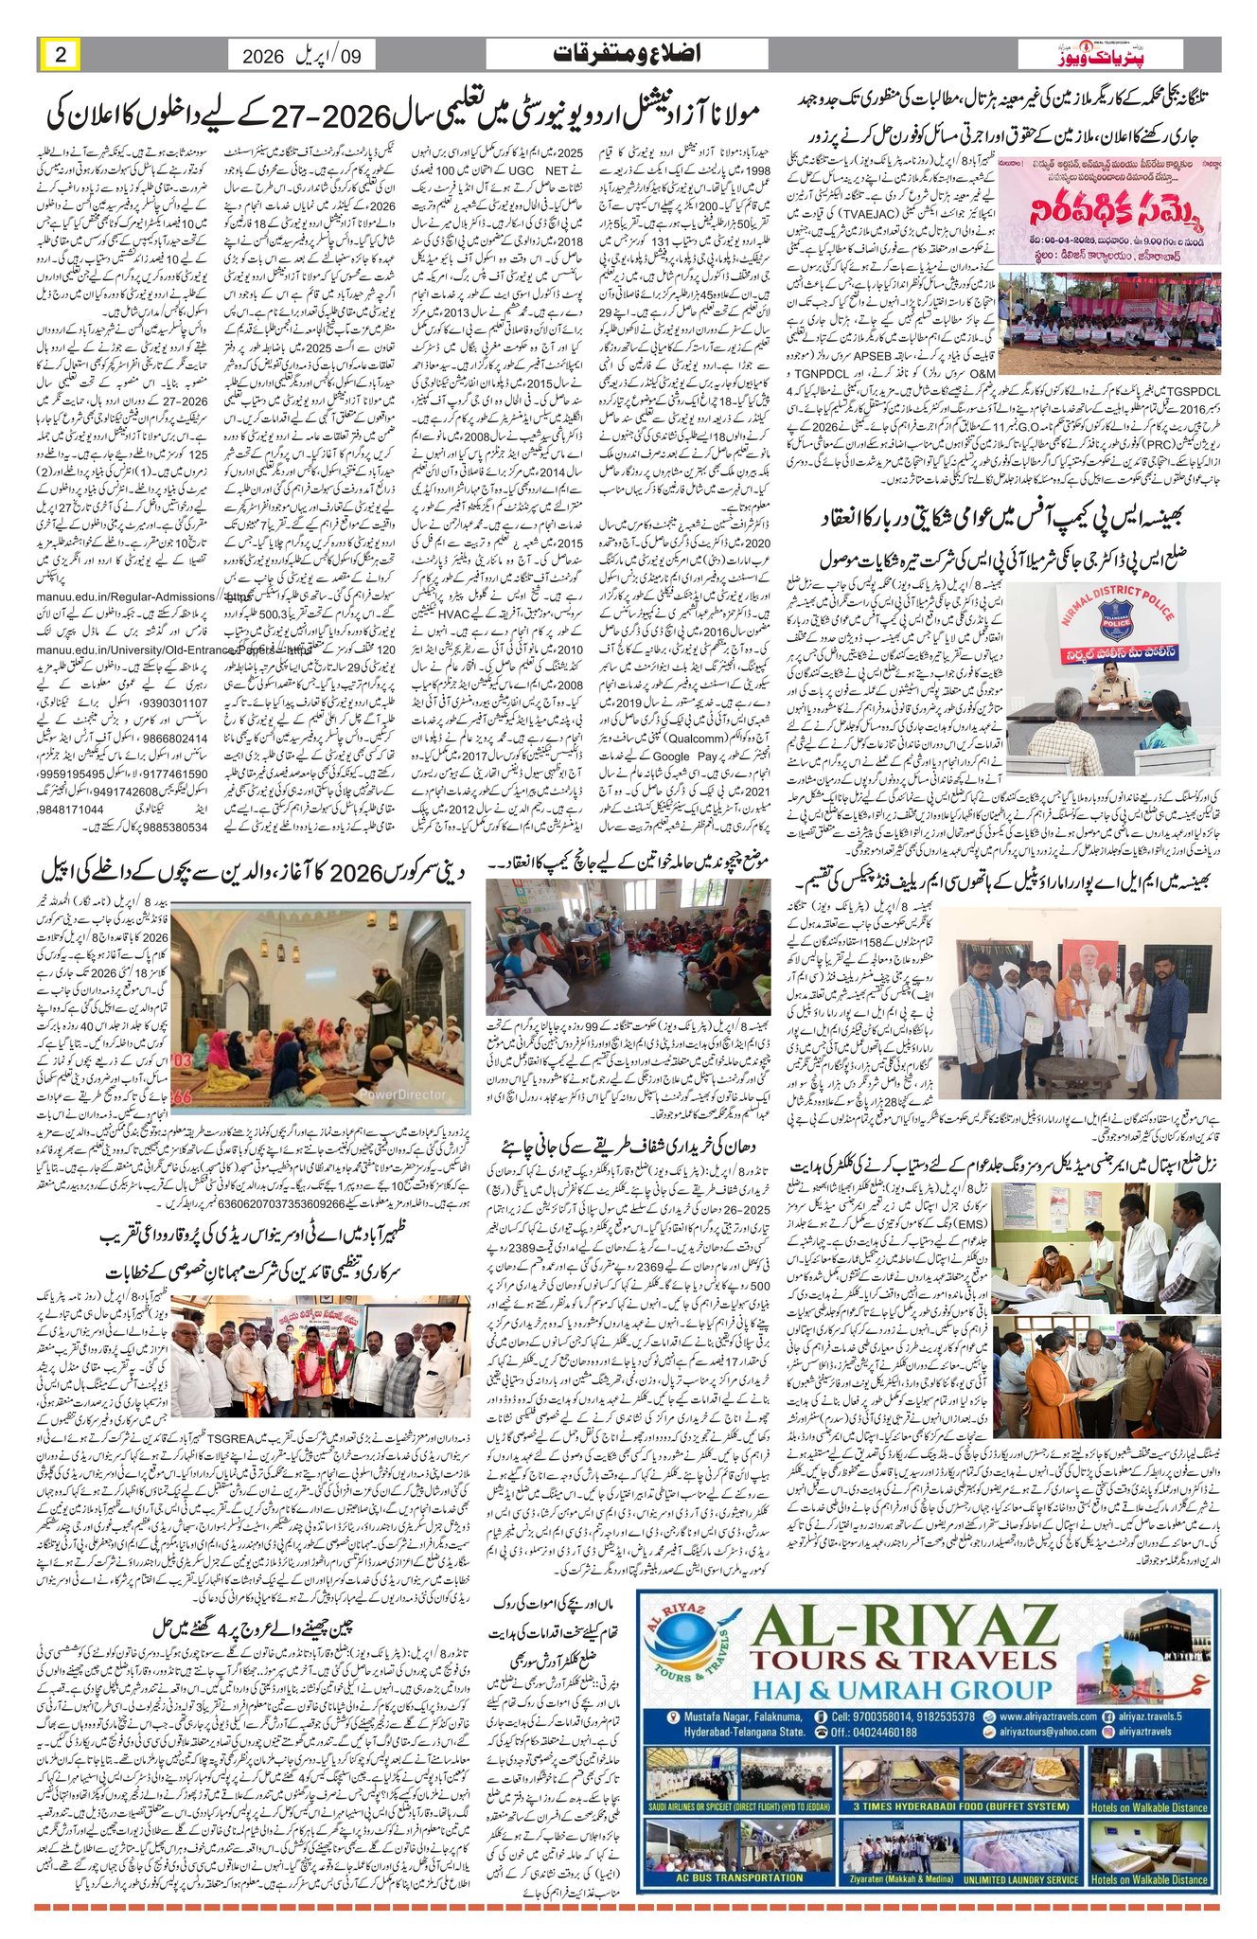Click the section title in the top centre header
pos(627,54)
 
